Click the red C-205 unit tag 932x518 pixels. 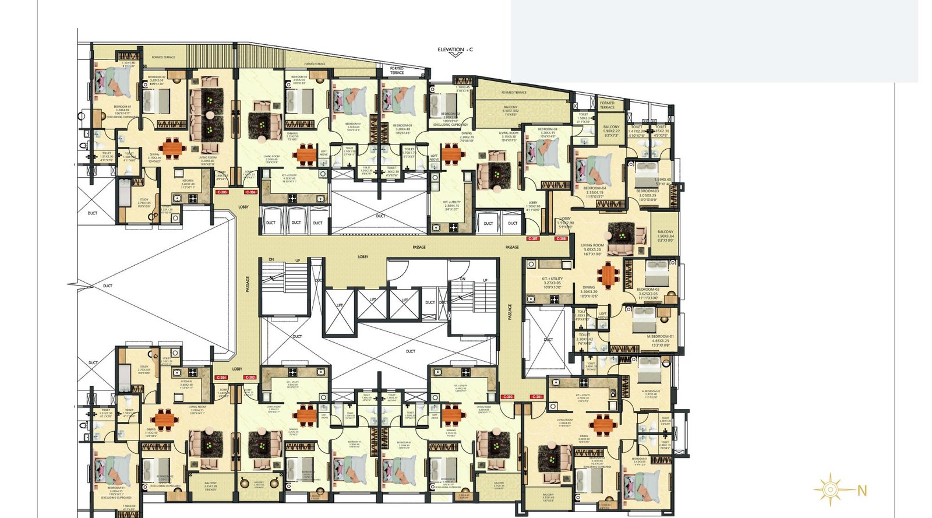pos(221,192)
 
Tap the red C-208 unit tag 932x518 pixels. pos(560,239)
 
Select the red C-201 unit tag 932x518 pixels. pos(536,397)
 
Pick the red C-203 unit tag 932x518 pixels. pos(249,378)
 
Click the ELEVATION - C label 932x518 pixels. pos(455,50)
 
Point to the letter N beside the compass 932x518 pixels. pos(862,491)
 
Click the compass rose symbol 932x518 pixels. pos(829,490)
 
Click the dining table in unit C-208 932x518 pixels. pos(609,275)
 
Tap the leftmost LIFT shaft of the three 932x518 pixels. pos(340,305)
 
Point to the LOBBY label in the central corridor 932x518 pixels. pos(363,257)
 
